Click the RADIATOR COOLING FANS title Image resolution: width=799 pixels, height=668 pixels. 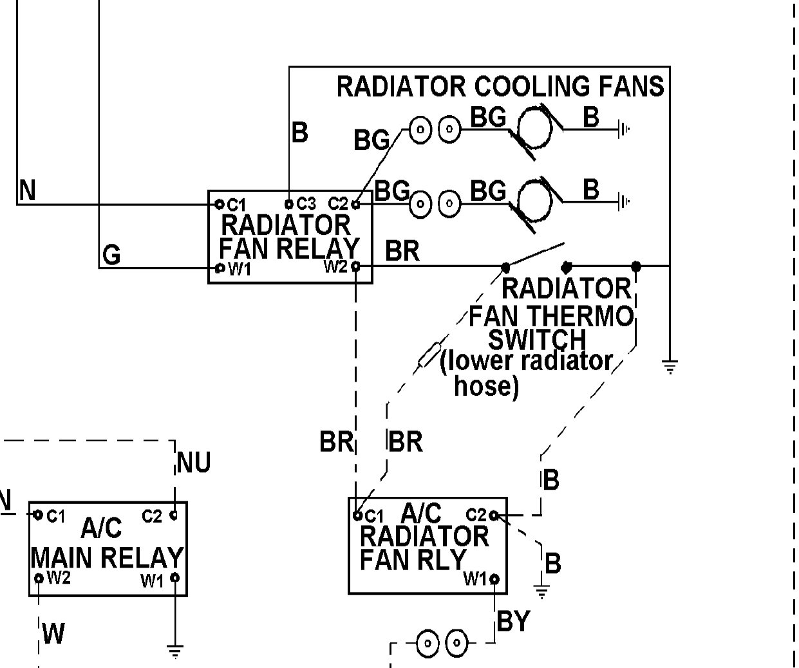500,86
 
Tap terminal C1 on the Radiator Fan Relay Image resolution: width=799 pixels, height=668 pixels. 220,204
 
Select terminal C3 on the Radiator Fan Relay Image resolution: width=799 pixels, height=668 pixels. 289,204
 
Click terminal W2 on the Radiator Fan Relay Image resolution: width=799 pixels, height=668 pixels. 355,266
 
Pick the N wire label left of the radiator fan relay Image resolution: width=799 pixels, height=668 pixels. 27,191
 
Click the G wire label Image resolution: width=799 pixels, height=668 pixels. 111,255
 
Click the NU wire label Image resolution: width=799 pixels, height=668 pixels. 193,463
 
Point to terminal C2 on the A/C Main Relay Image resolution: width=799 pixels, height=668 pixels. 173,515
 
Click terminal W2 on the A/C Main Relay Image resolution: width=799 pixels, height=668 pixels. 39,578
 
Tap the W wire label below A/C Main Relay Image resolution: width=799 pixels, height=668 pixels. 53,634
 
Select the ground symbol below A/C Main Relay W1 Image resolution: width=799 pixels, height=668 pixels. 174,651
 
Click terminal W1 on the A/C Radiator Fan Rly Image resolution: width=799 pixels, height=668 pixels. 494,579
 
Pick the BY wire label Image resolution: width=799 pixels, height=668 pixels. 513,622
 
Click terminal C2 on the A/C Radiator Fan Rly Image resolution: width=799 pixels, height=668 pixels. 493,515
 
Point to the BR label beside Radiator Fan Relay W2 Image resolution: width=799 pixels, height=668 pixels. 402,251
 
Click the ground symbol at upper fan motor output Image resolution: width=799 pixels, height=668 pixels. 623,129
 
